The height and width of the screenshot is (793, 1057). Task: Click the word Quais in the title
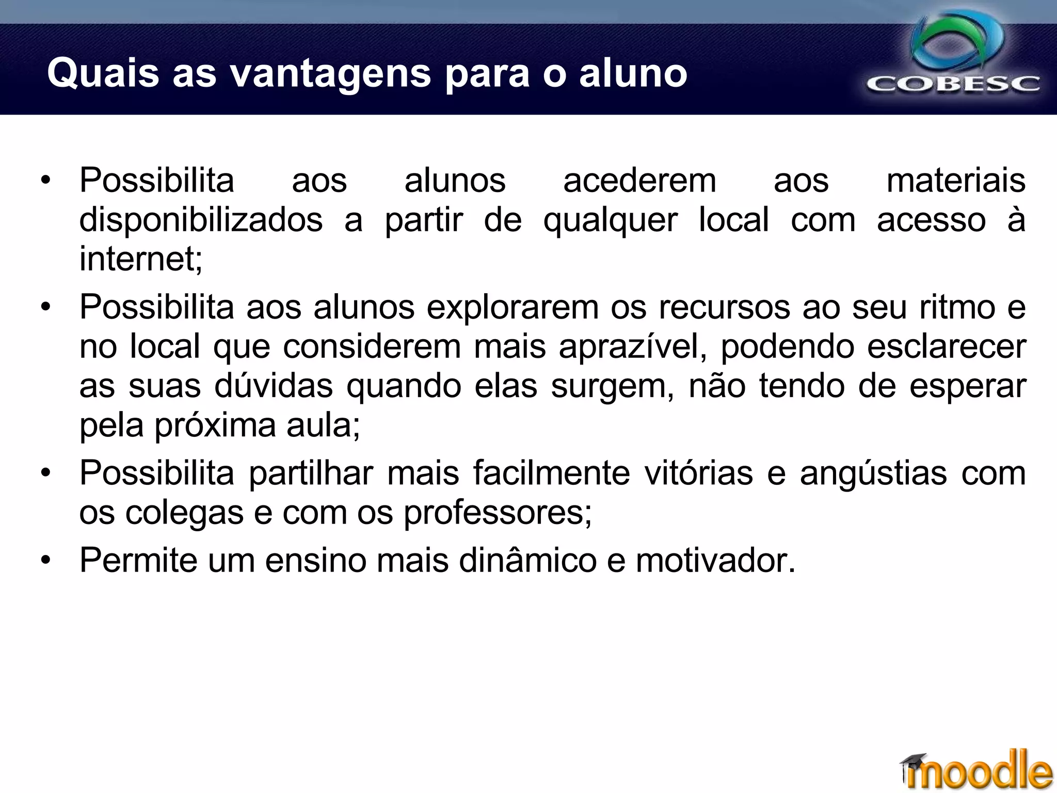[103, 73]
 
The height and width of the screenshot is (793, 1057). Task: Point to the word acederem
[639, 181]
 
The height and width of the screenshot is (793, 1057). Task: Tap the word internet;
[141, 259]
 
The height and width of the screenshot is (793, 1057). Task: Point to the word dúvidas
[274, 386]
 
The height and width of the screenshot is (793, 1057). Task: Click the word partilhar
[311, 473]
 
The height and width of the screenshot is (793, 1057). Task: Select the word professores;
[497, 513]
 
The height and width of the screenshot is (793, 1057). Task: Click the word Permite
[138, 560]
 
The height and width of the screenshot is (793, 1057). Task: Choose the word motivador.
[715, 560]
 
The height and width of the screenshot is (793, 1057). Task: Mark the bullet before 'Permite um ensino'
[46, 560]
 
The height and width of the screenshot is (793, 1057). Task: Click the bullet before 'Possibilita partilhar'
[46, 473]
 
